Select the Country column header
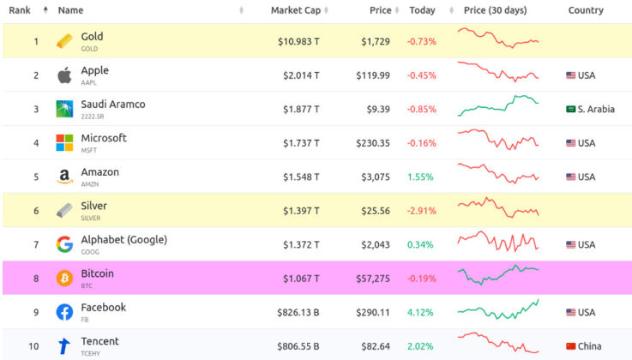pyautogui.click(x=586, y=10)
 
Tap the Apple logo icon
pyautogui.click(x=64, y=75)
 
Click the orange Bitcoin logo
pyautogui.click(x=64, y=279)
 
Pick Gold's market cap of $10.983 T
pyautogui.click(x=298, y=41)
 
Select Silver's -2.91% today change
pyautogui.click(x=421, y=211)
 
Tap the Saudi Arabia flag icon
pyautogui.click(x=571, y=110)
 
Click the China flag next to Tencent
pyautogui.click(x=571, y=346)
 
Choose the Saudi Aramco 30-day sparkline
pyautogui.click(x=498, y=106)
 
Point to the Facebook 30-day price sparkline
pyautogui.click(x=498, y=309)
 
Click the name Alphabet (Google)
pyautogui.click(x=123, y=240)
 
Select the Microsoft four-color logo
pyautogui.click(x=64, y=142)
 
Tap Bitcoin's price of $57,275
pyautogui.click(x=373, y=279)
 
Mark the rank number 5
pyautogui.click(x=36, y=177)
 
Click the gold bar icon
pyautogui.click(x=64, y=41)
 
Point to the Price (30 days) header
pyautogui.click(x=495, y=10)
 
